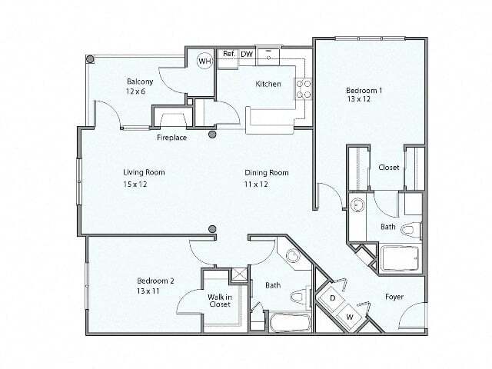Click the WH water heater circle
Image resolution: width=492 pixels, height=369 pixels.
pos(204,61)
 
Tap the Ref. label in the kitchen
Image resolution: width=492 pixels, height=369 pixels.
pos(229,55)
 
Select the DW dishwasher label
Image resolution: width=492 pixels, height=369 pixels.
pos(246,55)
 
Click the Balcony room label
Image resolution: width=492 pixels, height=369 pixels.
pos(140,81)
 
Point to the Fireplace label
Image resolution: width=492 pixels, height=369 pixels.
pos(173,138)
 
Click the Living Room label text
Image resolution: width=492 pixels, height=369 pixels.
pos(144,172)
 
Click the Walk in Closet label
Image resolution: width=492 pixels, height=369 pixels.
pos(219,300)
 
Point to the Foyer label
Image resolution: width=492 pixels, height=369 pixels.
pos(394,297)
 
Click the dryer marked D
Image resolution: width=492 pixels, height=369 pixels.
pos(333,297)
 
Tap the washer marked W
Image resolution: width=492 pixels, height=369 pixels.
pos(349,316)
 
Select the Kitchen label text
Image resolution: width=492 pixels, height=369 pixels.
pos(268,84)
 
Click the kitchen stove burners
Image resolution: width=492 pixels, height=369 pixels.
pos(304,88)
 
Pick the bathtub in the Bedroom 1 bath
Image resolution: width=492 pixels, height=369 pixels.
pos(401,258)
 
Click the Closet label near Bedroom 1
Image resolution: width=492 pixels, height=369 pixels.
pos(388,168)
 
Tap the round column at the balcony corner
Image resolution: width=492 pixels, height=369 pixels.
pos(90,59)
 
